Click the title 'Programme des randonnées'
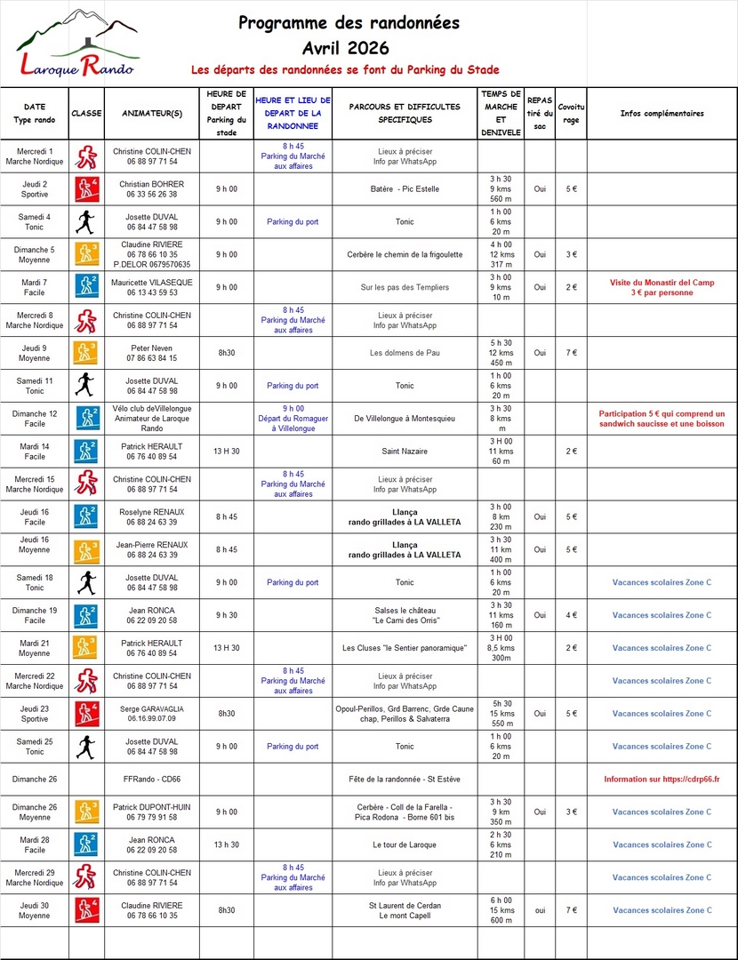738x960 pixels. (x=349, y=23)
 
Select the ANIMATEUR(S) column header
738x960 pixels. (x=152, y=114)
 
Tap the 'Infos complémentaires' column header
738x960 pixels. (x=662, y=114)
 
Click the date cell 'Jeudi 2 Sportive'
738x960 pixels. (x=35, y=188)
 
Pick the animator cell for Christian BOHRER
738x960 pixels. (x=152, y=188)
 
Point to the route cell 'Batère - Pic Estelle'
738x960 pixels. (x=405, y=188)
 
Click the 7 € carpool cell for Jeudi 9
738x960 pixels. (x=571, y=353)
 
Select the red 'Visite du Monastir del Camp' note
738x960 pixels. (x=662, y=287)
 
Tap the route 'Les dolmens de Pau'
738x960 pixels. (x=405, y=353)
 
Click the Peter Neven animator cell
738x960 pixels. (x=152, y=353)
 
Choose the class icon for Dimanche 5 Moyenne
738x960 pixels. (x=86, y=254)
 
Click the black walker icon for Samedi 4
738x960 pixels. (x=86, y=221)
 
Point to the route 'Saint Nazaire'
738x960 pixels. (x=405, y=451)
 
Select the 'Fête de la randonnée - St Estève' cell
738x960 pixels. (x=405, y=780)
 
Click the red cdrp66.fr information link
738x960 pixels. (x=662, y=780)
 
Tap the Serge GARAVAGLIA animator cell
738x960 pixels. (x=152, y=714)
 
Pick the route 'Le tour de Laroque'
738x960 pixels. (x=405, y=844)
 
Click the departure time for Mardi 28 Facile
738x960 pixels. (x=226, y=844)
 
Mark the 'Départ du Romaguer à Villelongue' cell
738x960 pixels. (x=293, y=418)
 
